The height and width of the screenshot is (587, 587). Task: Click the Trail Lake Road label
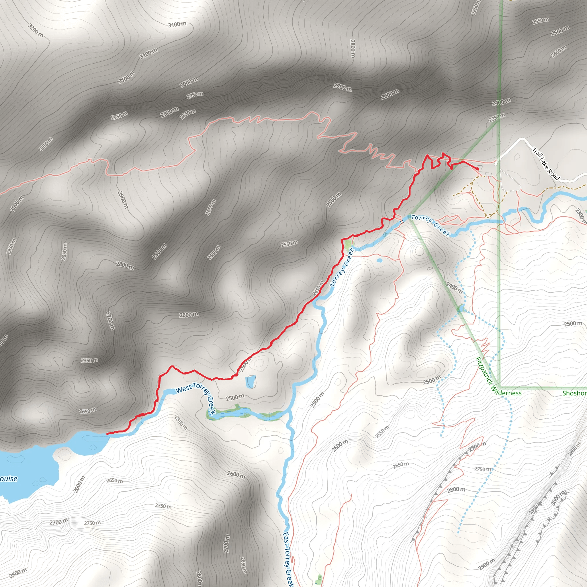pos(546,164)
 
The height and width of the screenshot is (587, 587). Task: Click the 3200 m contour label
pos(36,31)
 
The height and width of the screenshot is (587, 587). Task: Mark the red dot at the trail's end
pos(477,169)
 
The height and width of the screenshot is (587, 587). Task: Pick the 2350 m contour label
pos(497,118)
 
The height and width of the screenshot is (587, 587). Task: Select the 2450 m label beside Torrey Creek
pos(318,288)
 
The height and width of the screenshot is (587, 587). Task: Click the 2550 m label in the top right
pos(541,21)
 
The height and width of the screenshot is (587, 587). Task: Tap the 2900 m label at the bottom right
pos(486,565)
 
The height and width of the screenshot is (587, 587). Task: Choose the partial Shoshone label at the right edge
pos(574,393)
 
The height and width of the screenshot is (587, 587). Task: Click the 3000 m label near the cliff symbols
pos(558,498)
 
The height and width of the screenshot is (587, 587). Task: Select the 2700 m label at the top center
pos(343,87)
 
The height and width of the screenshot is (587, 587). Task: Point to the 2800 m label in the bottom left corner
pos(17,573)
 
